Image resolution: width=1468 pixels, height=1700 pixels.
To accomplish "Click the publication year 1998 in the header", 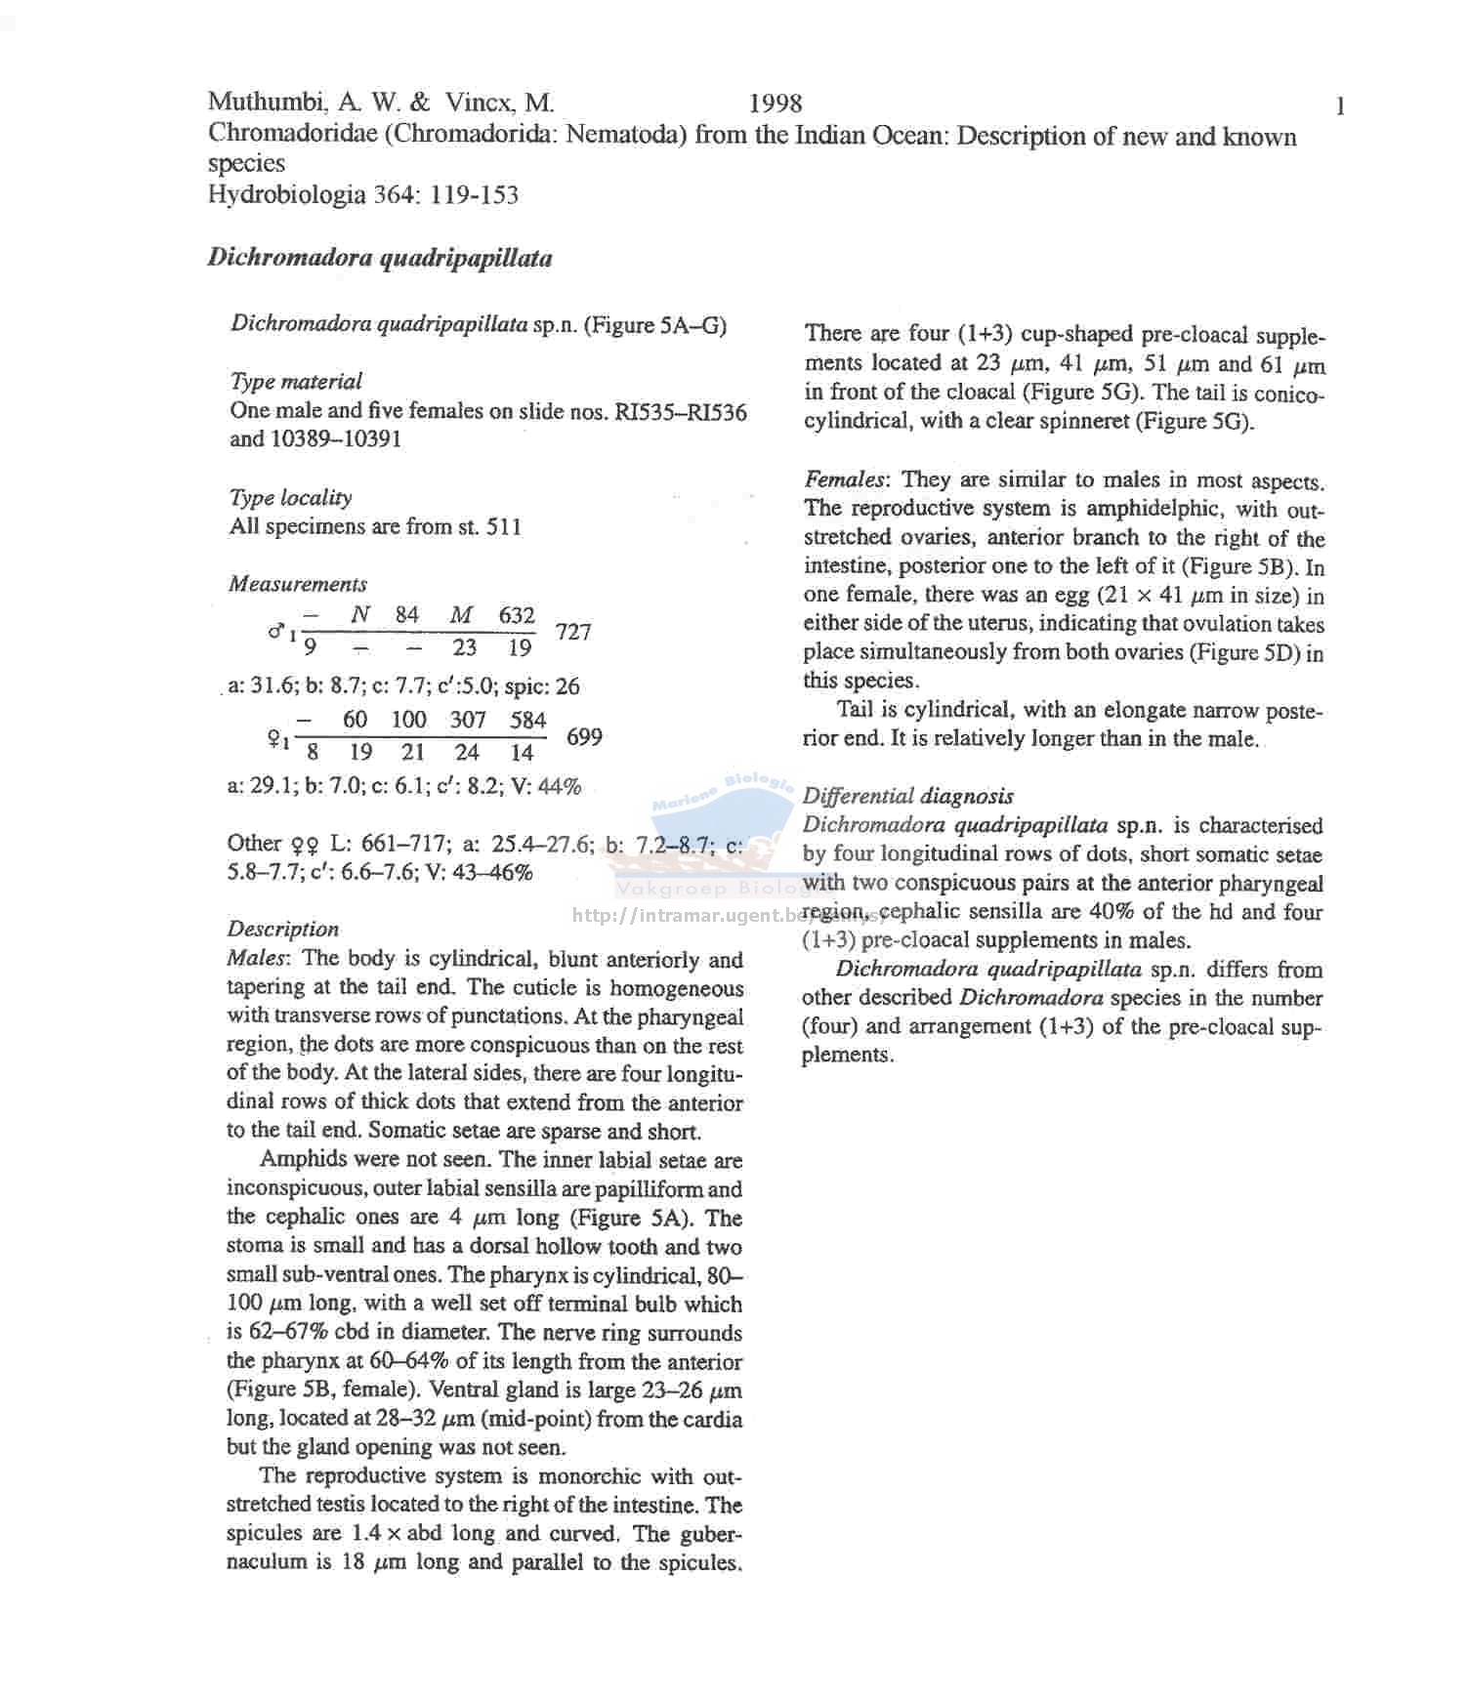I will pos(776,104).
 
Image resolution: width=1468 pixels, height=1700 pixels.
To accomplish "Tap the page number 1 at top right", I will pos(1341,106).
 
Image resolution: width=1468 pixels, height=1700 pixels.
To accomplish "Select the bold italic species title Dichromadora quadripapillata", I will pos(379,259).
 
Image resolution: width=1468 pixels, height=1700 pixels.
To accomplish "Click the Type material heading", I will pos(296,381).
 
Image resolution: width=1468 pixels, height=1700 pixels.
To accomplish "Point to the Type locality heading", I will pos(290,497).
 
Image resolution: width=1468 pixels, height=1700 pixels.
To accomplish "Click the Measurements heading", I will pos(298,584).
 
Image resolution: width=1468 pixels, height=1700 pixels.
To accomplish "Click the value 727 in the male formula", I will pos(573,632).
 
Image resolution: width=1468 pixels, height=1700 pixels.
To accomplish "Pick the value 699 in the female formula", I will pos(584,736).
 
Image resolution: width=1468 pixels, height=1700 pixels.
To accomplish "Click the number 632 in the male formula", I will pos(517,615).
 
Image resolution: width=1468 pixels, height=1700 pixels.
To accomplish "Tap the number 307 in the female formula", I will pos(468,720).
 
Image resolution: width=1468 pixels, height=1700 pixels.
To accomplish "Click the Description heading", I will pos(283,929).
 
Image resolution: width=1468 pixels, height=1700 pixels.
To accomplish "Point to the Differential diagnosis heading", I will pos(907,796).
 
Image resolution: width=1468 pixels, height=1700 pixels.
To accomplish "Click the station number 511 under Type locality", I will pos(504,527).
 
